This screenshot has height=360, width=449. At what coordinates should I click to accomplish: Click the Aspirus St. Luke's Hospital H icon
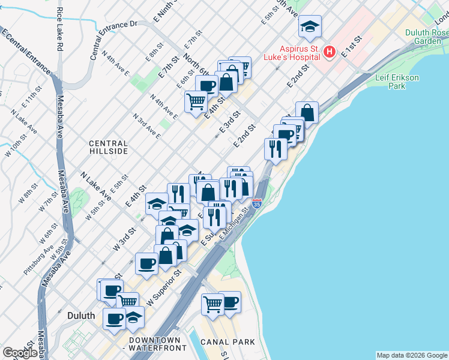(329, 52)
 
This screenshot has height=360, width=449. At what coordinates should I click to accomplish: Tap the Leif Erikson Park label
(396, 82)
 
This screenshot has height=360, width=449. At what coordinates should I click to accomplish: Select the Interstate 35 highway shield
(257, 203)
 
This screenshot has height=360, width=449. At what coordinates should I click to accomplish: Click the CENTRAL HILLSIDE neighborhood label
(109, 148)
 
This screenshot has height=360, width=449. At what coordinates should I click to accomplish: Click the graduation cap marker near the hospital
(310, 26)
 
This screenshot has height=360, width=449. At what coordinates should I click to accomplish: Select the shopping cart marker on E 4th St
(196, 102)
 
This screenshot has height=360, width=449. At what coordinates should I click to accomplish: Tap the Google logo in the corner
(20, 353)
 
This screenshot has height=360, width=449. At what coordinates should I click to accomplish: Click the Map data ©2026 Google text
(411, 355)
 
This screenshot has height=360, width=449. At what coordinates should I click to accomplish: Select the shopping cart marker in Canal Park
(212, 304)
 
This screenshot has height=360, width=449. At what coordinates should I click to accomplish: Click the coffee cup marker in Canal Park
(229, 302)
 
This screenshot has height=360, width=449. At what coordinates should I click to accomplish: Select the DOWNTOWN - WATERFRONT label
(147, 344)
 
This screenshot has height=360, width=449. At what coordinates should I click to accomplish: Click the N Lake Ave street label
(95, 185)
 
